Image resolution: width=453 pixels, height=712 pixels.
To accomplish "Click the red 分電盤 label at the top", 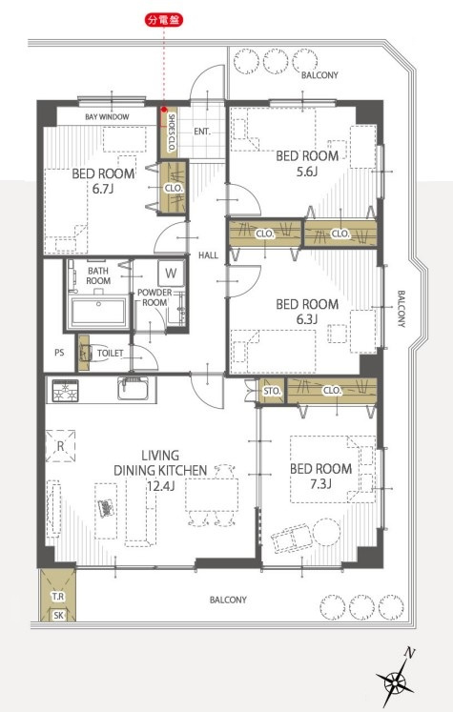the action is (164, 20).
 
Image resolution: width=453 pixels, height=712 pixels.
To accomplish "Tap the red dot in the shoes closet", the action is (164, 110).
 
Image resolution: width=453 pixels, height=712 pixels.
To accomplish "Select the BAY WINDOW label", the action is (107, 116).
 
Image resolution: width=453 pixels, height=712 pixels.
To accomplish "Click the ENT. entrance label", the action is (202, 132).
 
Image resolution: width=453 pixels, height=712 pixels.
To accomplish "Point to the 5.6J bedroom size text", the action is (307, 172).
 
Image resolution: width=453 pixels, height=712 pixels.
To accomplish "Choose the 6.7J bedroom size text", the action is (103, 189).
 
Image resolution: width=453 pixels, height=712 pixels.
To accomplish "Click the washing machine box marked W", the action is (171, 273).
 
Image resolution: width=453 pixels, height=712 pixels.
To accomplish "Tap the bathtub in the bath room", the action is (98, 312).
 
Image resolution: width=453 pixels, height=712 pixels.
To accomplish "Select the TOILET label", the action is (110, 353).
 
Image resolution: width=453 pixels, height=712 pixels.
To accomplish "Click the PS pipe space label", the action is (59, 353).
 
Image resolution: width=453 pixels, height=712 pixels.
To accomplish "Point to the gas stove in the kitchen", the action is (65, 391).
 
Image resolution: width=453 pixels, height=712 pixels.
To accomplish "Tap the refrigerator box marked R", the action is (60, 446).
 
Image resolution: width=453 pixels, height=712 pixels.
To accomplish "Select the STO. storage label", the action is (272, 391).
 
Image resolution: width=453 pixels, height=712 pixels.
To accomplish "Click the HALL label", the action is (208, 255).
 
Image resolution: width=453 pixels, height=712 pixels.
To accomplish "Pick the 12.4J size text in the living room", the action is (160, 486).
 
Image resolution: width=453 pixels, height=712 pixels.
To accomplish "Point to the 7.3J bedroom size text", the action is (320, 483).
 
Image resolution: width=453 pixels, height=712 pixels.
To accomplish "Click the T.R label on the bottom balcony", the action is (58, 597).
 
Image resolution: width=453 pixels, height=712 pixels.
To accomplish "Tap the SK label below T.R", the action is (58, 616).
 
